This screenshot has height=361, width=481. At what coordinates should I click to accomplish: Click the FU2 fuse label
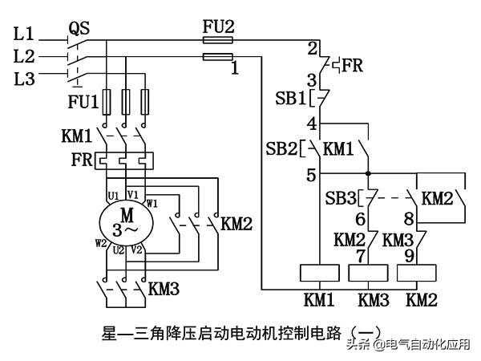217,27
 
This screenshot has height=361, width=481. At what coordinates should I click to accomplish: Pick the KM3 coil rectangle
370,273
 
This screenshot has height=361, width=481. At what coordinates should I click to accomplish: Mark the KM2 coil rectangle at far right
419,273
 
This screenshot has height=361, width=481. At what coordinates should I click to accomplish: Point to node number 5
312,172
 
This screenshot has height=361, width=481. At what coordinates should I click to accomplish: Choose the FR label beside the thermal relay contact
354,64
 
